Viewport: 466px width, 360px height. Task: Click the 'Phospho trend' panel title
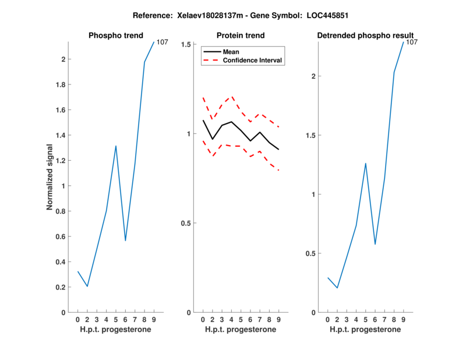(115, 36)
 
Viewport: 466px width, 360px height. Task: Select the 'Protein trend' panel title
(240, 36)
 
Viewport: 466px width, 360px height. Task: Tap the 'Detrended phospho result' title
(365, 36)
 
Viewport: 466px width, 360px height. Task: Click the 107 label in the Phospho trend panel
(163, 42)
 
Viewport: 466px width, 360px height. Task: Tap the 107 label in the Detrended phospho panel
(412, 42)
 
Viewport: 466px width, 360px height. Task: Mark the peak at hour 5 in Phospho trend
(116, 146)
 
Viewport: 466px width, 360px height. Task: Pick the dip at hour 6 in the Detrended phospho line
(375, 244)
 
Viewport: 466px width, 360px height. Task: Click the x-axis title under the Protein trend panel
(240, 329)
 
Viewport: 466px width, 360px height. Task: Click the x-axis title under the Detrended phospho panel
(365, 329)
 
